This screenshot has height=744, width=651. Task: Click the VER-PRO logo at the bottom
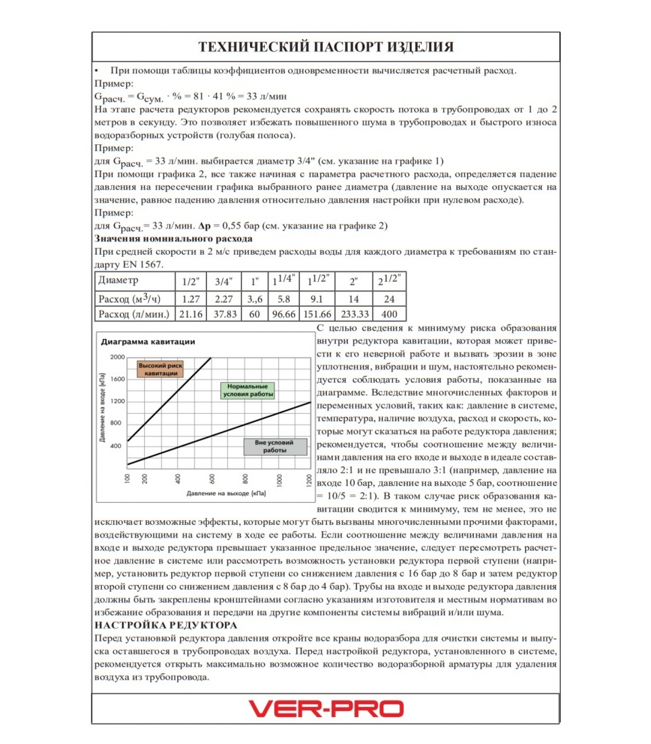coord(325,709)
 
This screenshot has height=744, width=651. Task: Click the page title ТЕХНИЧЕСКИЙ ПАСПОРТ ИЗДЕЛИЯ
coord(325,47)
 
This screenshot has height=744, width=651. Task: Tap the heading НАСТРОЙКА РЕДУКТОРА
coord(166,625)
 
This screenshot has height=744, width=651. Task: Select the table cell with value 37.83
coord(225,314)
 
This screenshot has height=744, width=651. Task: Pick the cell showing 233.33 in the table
coord(355,314)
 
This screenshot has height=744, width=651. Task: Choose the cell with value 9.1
coord(317,299)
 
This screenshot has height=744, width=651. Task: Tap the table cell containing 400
coord(389,314)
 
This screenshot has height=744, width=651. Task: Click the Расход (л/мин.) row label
coord(134,314)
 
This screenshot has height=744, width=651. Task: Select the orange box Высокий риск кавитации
coord(160,369)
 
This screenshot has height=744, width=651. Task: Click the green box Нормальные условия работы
coord(247,391)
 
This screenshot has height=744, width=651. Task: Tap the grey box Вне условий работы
coord(275,446)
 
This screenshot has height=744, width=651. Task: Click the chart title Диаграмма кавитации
coord(148,342)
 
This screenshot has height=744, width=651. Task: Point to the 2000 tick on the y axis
coord(118,357)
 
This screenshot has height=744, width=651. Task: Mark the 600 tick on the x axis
coord(212,479)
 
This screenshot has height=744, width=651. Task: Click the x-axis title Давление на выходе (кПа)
coord(226,493)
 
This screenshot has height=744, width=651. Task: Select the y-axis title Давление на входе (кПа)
coord(102,407)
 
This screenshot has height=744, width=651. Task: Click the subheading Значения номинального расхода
coord(173,239)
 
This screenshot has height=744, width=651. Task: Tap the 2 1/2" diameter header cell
coord(389,281)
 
